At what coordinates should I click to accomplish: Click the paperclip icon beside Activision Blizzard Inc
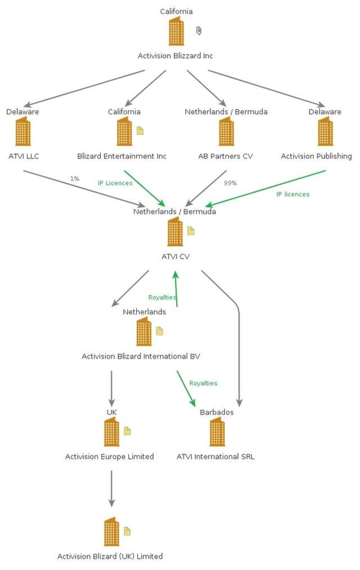[x=199, y=30]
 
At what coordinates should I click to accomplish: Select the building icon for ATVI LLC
[x=23, y=132]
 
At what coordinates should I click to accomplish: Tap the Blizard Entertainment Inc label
[x=121, y=156]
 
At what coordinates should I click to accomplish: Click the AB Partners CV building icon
[x=226, y=132]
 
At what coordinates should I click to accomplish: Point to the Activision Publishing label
[x=316, y=156]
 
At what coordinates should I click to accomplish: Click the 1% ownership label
[x=74, y=179]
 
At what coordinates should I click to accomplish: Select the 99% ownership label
[x=230, y=183]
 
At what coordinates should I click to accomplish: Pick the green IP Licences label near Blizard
[x=115, y=183]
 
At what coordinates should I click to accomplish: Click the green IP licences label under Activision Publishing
[x=292, y=194]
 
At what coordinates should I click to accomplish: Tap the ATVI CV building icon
[x=175, y=232]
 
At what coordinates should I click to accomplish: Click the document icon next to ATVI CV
[x=191, y=230]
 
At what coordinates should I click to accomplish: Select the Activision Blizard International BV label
[x=141, y=356]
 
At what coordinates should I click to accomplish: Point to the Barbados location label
[x=217, y=412]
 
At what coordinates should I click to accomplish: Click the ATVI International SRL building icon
[x=217, y=432]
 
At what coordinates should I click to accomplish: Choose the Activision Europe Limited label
[x=109, y=456]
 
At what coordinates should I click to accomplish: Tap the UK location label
[x=111, y=412]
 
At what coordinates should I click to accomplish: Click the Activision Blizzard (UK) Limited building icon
[x=111, y=532]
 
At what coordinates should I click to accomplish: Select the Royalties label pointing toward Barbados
[x=203, y=383]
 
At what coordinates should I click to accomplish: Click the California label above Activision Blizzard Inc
[x=176, y=11]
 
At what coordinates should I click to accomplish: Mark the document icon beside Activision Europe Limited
[x=127, y=431]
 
